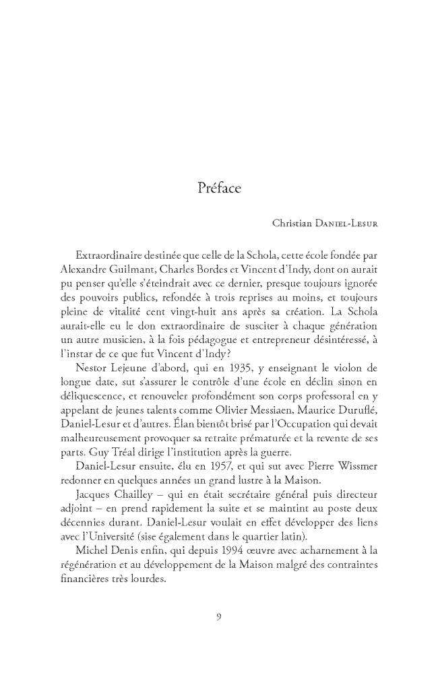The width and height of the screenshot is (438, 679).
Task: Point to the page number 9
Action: (219, 614)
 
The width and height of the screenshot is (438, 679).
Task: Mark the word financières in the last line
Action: (80, 569)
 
